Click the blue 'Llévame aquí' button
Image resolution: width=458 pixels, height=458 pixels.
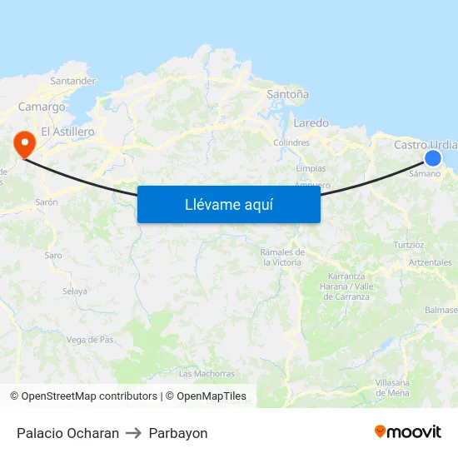228,204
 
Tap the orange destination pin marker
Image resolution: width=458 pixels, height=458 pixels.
24,144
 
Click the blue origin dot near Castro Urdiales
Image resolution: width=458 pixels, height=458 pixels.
433,157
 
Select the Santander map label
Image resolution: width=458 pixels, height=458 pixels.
73,81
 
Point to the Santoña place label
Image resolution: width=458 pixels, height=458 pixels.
287,94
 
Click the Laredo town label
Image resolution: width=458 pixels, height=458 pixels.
311,122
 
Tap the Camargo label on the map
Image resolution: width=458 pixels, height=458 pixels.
42,107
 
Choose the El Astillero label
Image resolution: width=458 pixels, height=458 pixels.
67,132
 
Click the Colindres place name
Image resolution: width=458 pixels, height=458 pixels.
291,142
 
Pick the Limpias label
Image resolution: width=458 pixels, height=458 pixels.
311,168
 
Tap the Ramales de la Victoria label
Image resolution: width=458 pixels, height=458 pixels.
282,256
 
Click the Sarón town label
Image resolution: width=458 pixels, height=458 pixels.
46,202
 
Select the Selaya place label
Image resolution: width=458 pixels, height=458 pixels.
75,291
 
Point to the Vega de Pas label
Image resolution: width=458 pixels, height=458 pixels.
90,339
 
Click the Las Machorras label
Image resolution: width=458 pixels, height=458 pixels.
207,374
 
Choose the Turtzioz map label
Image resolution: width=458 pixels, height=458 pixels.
409,245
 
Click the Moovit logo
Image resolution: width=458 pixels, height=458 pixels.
407,432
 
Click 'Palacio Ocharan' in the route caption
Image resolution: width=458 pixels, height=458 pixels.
67,433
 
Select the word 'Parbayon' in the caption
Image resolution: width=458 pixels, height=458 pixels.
178,433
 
